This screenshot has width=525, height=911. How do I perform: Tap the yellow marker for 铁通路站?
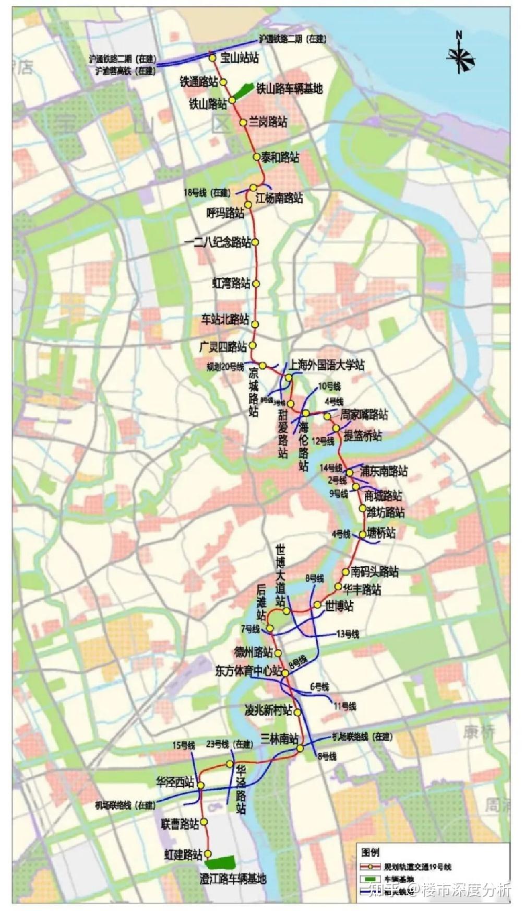coord(223,83)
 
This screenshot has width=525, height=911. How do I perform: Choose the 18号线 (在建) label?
coord(207,193)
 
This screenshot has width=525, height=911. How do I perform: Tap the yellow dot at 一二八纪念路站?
coord(256,242)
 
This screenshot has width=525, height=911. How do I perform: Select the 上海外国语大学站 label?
coord(327,365)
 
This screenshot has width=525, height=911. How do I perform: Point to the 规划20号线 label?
coord(225,366)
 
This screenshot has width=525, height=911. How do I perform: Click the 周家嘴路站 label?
coord(364,415)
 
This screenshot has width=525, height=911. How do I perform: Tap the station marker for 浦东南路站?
coord(350,472)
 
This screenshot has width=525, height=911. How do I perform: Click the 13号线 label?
coord(348,634)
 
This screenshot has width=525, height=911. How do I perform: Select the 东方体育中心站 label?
coord(249,671)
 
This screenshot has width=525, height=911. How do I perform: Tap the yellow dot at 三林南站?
coord(301,749)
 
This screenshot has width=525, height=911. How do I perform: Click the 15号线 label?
coord(184,745)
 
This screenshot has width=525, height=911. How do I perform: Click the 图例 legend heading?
coord(370,852)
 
